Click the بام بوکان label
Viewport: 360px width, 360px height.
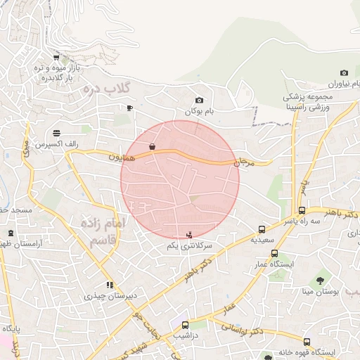(198, 112)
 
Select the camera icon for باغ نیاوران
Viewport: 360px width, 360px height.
(344, 73)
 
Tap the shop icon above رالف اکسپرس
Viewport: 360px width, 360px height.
(56, 132)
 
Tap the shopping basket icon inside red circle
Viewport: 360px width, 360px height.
(152, 147)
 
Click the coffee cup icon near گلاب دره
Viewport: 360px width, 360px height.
(129, 108)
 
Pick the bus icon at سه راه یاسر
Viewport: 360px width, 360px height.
(302, 210)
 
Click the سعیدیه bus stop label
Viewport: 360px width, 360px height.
(262, 239)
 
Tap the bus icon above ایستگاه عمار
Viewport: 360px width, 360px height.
(274, 253)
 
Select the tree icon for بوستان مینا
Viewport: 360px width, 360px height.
(328, 279)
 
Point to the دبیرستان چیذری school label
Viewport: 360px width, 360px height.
(108, 296)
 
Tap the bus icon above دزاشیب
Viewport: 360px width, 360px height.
(185, 326)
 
